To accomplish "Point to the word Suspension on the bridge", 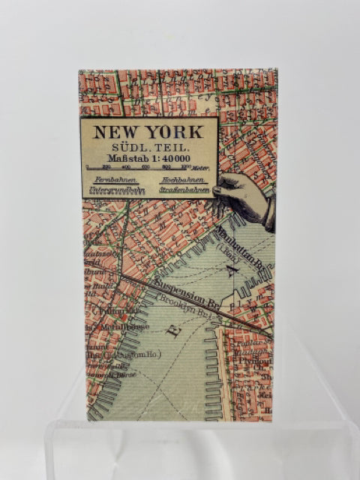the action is [181, 289].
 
